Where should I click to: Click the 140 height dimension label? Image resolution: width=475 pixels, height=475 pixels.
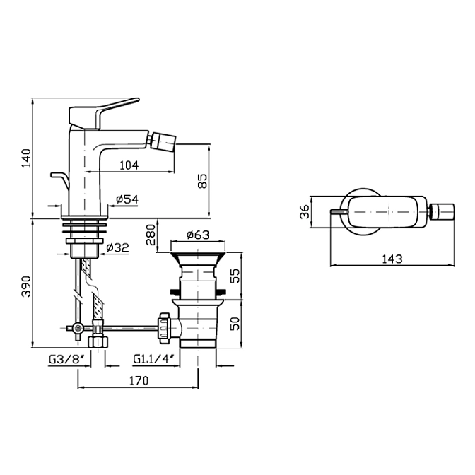point(27,158)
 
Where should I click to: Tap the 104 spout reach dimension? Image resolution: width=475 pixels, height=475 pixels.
point(129,165)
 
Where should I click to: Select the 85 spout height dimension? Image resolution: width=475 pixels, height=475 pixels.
point(203,181)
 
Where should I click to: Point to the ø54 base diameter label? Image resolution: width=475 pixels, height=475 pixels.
point(127,199)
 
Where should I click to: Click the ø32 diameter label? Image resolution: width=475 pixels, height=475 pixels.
point(118,247)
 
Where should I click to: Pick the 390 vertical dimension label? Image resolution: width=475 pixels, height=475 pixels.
point(27,286)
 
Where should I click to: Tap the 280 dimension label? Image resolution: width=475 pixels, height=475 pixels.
point(151,235)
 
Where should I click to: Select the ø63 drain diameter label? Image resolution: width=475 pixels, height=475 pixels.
point(198,234)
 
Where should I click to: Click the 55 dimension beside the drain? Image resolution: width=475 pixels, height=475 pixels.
point(235,276)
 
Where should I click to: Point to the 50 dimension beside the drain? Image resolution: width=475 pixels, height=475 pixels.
point(235,324)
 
